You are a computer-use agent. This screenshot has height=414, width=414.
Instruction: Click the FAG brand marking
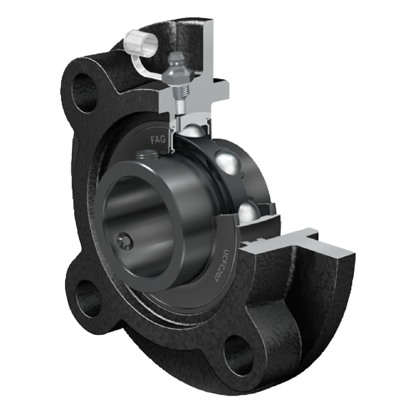tap(158, 139)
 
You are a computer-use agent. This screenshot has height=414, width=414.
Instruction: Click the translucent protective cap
tap(141, 43)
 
